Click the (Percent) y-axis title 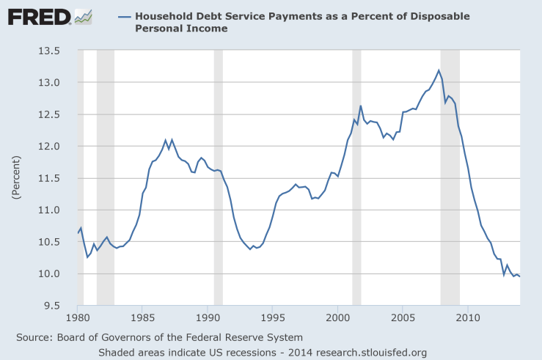point(15,178)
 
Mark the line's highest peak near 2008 point(439,70)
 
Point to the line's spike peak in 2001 point(360,106)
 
